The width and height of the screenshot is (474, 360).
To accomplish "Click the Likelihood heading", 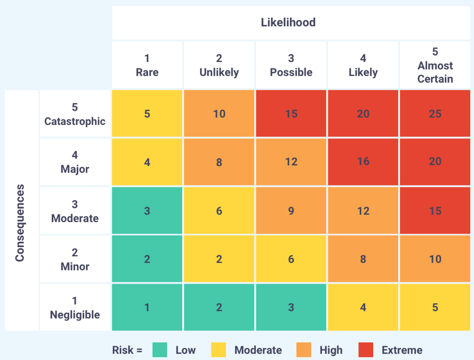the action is tap(288, 22).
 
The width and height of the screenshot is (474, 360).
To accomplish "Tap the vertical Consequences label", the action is tap(20, 223).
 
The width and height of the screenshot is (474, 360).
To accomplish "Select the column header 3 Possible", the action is tap(291, 65).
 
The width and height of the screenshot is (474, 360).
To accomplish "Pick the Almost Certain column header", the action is tap(435, 65).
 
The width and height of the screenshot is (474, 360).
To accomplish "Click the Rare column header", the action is tap(147, 65).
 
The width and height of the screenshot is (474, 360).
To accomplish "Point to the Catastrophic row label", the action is tap(75, 114).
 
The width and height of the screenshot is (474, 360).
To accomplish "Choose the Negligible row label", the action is tap(75, 307).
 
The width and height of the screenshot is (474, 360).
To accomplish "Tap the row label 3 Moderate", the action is tap(75, 211).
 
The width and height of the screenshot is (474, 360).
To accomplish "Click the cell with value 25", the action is tap(435, 113).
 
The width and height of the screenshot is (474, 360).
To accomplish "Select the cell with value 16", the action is tap(363, 162).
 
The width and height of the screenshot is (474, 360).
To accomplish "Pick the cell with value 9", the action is tap(291, 211).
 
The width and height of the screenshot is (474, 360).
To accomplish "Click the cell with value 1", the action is tap(147, 307).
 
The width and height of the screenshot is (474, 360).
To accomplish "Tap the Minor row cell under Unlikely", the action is tap(219, 259).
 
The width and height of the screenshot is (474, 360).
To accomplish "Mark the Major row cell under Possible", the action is tap(291, 162).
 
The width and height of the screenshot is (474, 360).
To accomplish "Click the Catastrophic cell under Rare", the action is tap(147, 113).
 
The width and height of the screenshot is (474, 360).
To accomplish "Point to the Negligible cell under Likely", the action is tap(363, 307).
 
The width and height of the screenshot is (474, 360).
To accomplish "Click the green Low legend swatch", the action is tap(160, 350).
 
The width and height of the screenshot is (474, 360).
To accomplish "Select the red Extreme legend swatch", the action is tap(366, 350).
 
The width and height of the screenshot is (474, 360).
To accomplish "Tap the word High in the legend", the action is tap(331, 350).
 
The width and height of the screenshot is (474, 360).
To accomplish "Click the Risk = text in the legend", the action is tap(127, 350).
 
